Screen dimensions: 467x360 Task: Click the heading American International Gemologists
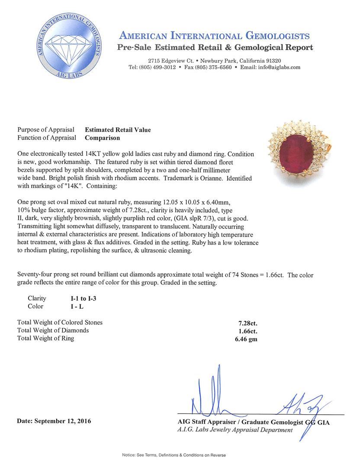[214, 35]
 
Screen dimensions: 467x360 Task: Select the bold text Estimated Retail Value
[118, 130]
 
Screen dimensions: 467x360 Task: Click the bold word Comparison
[102, 138]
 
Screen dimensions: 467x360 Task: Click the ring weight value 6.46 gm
[245, 339]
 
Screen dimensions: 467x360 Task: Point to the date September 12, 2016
[54, 421]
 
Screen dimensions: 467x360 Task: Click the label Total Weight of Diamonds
[53, 330]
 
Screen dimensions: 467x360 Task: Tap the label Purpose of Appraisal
[45, 130]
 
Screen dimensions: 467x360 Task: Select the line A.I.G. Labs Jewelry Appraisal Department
[235, 430]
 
